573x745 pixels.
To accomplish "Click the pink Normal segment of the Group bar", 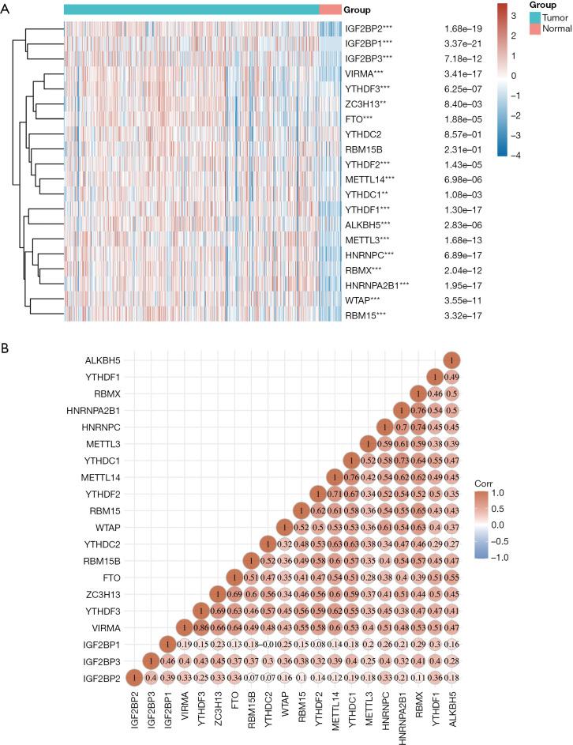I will point(331,9).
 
